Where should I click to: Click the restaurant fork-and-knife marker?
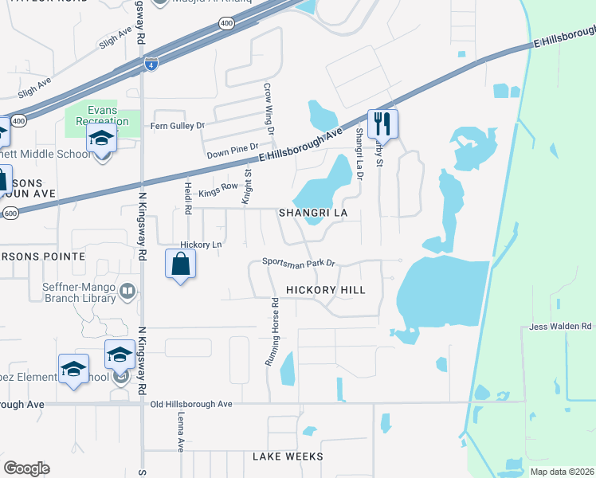pos(382,124)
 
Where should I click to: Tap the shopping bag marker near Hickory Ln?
pos(181,264)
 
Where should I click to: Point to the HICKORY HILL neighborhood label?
pos(326,290)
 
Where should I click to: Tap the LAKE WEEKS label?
pos(288,456)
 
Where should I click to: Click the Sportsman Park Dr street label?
pos(300,262)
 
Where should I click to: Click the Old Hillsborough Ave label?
pos(191,405)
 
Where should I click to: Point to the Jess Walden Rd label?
pos(561,327)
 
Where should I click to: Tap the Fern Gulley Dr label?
pos(178,125)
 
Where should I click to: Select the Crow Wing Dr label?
pos(269,108)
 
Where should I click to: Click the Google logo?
pos(26,468)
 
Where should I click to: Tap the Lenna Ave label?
pos(180,438)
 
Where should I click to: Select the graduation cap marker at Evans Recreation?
pos(102,139)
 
